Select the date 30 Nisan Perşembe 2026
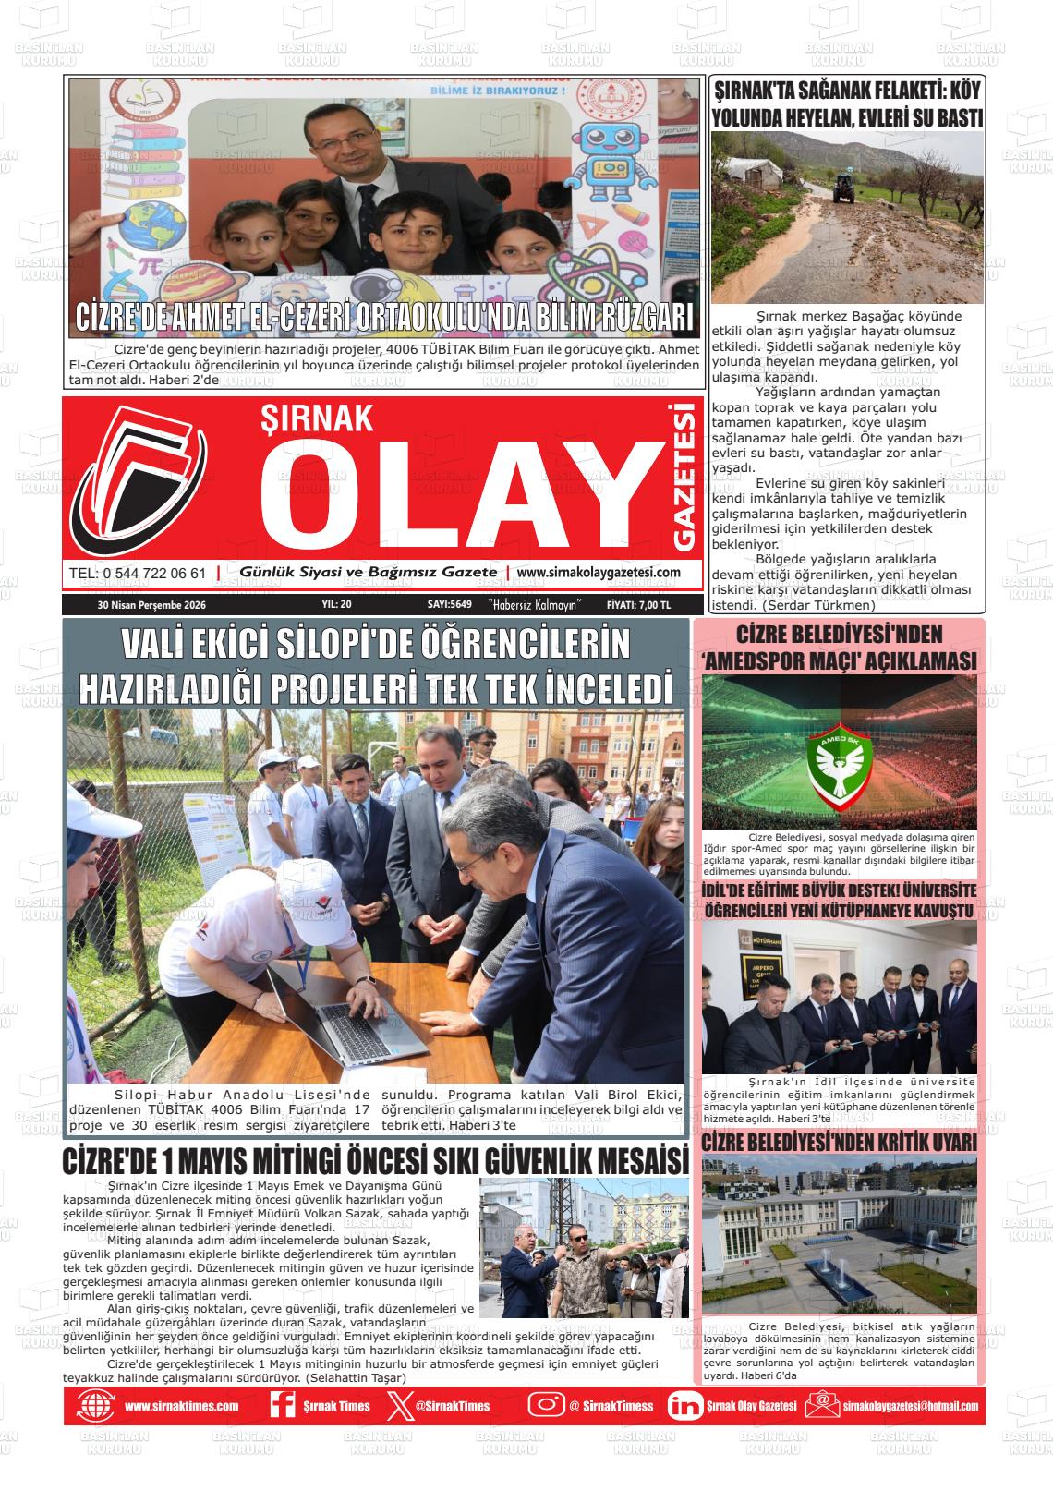click(x=151, y=605)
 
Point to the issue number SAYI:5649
click(x=450, y=605)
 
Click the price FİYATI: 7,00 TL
click(x=638, y=605)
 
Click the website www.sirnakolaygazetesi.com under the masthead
click(x=599, y=573)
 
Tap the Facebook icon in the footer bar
click(x=281, y=1406)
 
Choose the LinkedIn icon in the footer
click(x=684, y=1406)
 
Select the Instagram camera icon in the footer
click(x=546, y=1405)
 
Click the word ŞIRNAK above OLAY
click(x=318, y=420)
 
